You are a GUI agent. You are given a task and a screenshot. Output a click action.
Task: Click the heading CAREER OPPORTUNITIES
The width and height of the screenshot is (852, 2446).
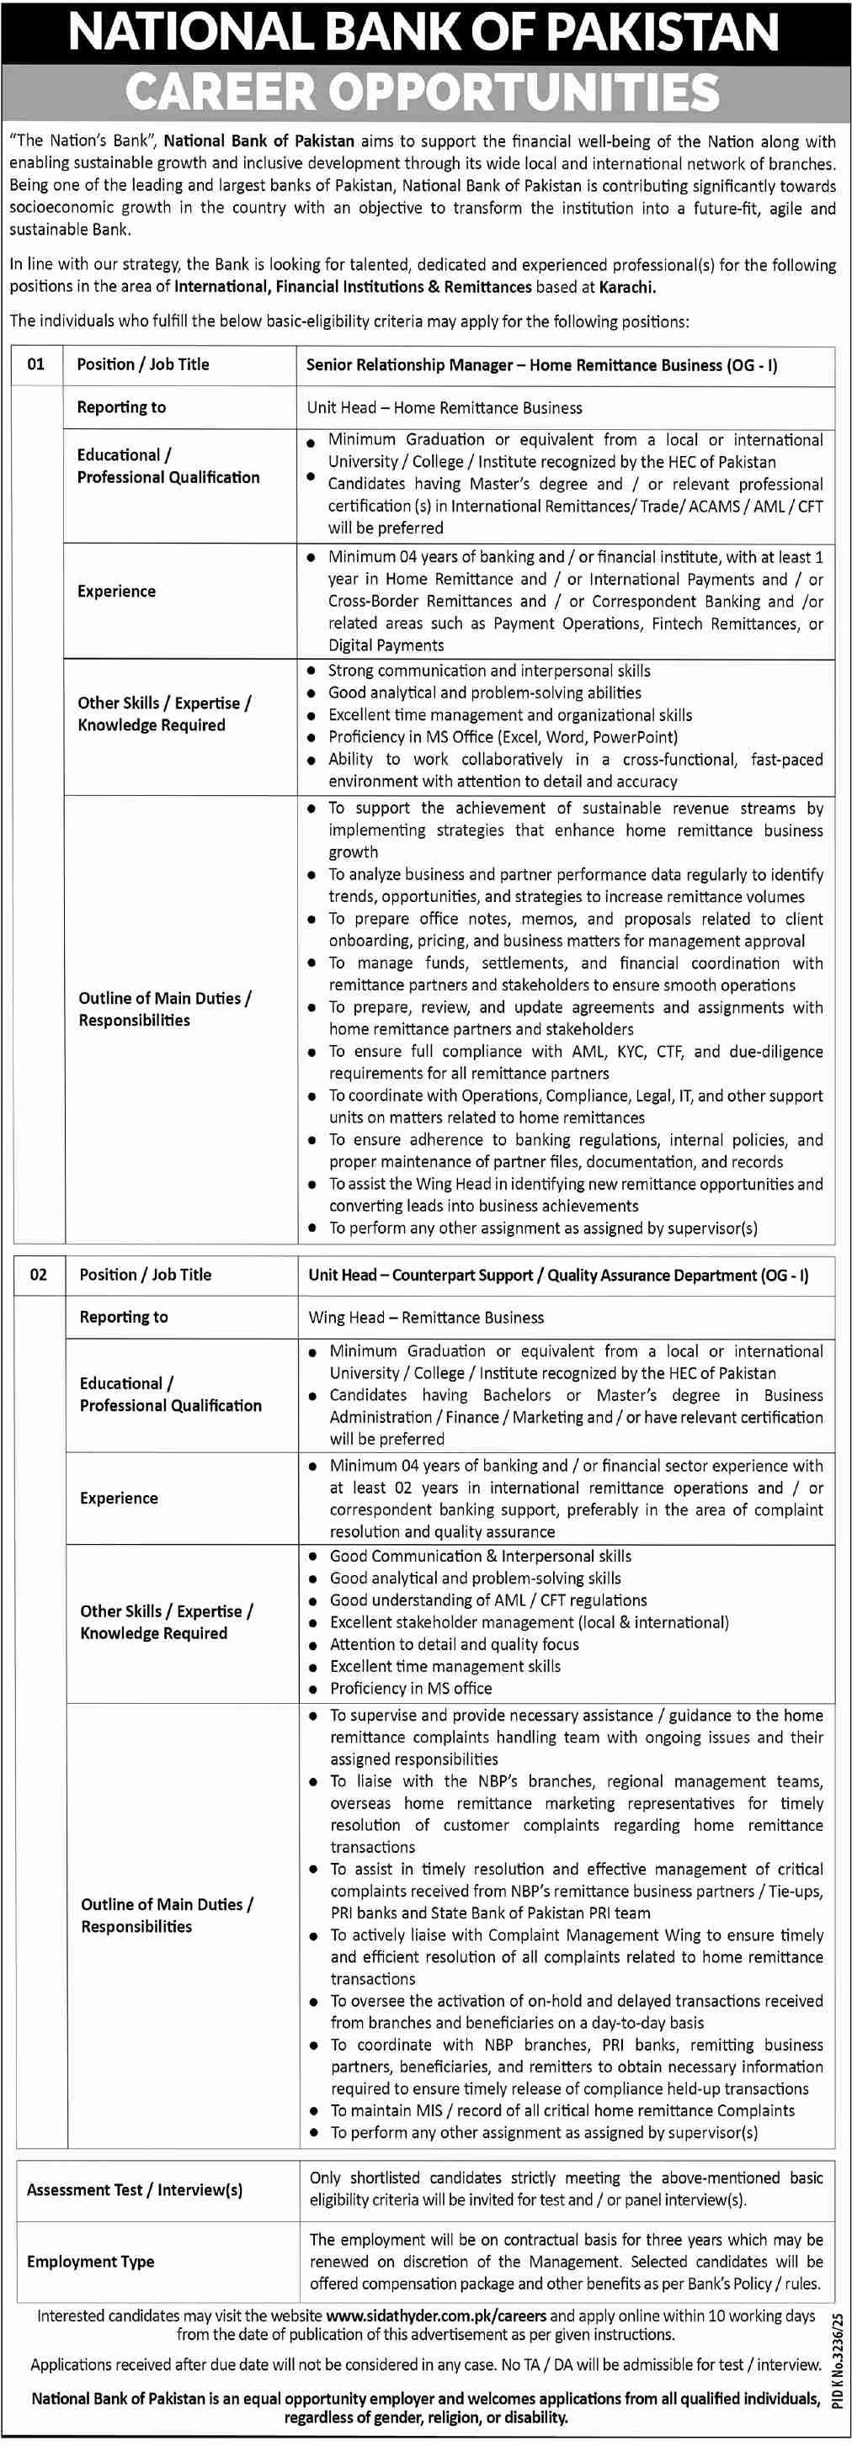(422, 92)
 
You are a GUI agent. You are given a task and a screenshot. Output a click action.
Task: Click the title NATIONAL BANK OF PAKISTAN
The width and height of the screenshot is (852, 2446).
(423, 32)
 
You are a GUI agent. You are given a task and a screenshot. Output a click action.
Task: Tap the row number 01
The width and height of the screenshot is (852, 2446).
(36, 364)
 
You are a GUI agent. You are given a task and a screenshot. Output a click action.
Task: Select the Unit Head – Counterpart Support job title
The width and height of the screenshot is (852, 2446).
(557, 1276)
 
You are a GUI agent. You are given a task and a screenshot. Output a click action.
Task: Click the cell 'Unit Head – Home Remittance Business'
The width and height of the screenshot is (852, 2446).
(444, 408)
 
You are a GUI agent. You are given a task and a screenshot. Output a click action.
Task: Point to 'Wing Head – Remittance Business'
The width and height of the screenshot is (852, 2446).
(425, 1318)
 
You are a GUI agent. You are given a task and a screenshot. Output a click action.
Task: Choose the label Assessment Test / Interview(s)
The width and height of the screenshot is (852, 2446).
(134, 2189)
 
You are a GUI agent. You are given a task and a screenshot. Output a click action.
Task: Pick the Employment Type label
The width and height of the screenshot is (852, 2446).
(90, 2262)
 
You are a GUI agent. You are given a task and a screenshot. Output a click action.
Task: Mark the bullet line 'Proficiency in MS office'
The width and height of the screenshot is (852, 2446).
(410, 1688)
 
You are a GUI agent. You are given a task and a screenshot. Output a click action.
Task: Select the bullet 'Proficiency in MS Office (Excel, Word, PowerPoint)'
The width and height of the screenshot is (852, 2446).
(503, 738)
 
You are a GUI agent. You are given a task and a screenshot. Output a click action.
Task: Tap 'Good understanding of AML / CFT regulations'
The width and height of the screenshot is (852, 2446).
(487, 1601)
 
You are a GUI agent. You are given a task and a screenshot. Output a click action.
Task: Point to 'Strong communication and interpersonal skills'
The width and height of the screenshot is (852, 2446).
(489, 671)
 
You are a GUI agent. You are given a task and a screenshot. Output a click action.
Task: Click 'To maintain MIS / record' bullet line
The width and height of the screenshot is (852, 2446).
(562, 2111)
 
